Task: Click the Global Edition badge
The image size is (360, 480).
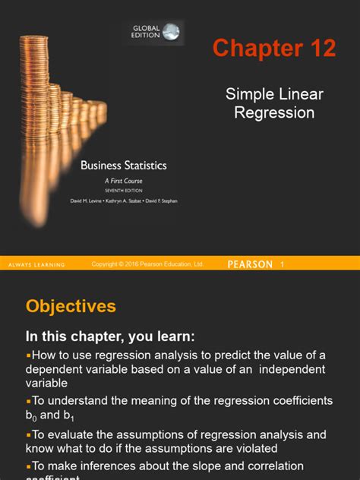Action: coord(153,31)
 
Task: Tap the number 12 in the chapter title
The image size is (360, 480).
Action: coord(319,49)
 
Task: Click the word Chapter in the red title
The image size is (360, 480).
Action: coord(257,49)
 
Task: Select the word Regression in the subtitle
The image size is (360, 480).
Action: coord(274,112)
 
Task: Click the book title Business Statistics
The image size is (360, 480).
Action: coord(124,165)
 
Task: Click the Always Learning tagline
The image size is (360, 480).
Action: coord(36,264)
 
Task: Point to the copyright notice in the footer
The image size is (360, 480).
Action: coord(147,264)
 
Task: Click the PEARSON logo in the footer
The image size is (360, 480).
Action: coord(250,264)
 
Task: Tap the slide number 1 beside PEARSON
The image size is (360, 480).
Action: coord(282,264)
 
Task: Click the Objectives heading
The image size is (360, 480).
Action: coord(71,306)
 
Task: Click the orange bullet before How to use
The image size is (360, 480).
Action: coord(28,355)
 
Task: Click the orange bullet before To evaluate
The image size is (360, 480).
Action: coord(28,434)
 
